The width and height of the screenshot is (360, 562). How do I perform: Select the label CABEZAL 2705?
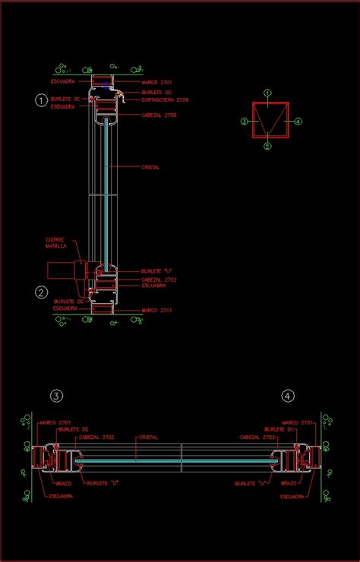[x=159, y=115]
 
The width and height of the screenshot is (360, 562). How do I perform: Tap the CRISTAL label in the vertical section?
[x=150, y=167]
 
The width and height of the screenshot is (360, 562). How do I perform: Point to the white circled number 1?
[x=42, y=100]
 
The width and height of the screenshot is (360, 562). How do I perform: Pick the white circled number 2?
[x=42, y=292]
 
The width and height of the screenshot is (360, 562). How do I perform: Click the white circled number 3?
[x=56, y=396]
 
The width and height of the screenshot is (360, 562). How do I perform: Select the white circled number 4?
[x=287, y=396]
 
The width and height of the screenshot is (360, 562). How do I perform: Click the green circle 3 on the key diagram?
[x=244, y=121]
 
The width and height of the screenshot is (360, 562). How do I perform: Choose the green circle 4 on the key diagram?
[x=298, y=121]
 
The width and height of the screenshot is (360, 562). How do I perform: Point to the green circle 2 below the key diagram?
[x=267, y=147]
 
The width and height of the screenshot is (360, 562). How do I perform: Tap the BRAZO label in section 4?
[x=288, y=482]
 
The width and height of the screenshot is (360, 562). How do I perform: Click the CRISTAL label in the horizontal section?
[x=148, y=437]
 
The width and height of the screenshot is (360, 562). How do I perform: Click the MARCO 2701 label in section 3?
[x=55, y=422]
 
